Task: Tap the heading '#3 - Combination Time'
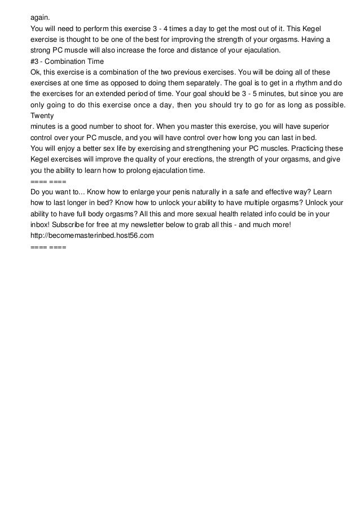point(67,61)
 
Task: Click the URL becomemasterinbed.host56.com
point(91,237)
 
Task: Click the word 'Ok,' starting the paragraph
point(36,72)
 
